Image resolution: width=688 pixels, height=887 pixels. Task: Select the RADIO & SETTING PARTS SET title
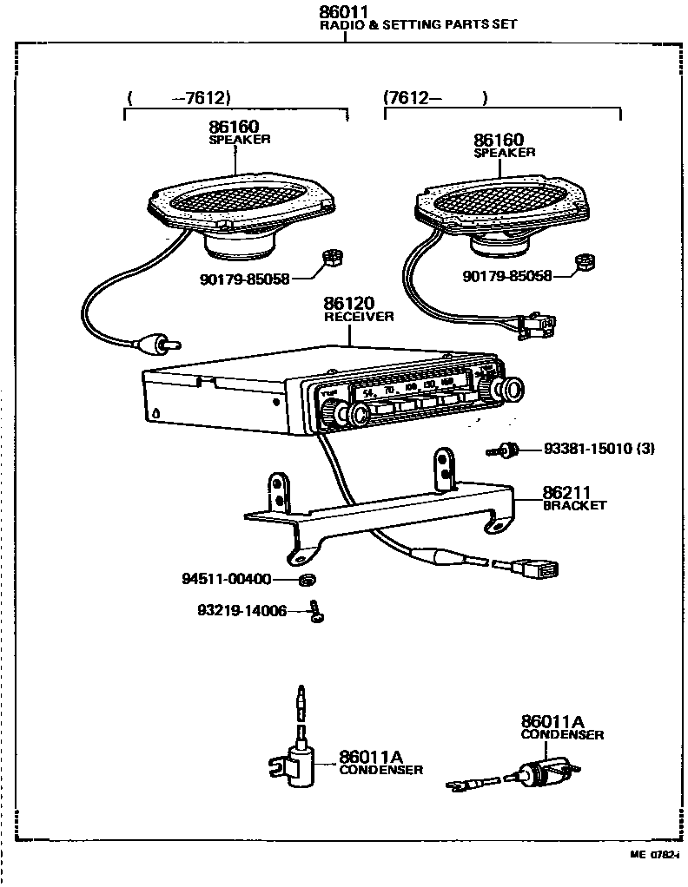(419, 25)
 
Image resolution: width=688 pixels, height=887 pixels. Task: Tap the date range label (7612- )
(434, 98)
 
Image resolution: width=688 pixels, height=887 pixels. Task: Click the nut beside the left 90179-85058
(330, 257)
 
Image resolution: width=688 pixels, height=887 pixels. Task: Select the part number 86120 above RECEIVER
(348, 304)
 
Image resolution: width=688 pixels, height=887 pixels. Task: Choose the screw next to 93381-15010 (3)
(503, 450)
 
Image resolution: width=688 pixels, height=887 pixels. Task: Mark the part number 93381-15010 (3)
(599, 449)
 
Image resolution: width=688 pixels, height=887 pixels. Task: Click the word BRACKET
(574, 505)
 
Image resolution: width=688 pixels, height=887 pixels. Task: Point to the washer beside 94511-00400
(306, 579)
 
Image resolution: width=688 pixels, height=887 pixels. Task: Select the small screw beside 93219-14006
(317, 613)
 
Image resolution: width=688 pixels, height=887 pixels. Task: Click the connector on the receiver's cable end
(539, 569)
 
